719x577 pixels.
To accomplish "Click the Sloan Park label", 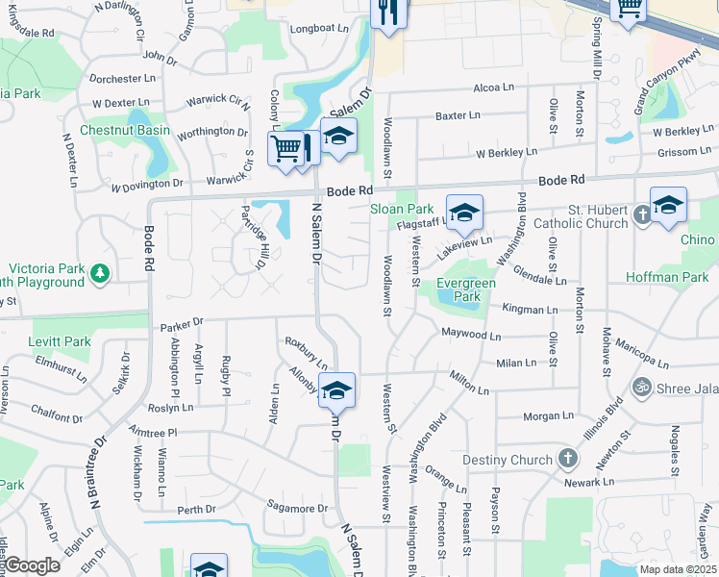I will (x=402, y=209).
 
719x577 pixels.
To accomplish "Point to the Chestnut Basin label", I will (x=124, y=130).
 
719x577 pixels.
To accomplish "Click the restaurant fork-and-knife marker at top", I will (x=388, y=13).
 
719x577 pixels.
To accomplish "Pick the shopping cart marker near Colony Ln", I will (x=285, y=149).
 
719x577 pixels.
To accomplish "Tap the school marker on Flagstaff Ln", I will (x=464, y=213).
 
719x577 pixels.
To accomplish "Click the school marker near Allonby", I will (x=336, y=391).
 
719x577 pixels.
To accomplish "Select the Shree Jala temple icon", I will (x=641, y=388).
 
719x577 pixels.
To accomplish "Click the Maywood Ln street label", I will (x=471, y=336).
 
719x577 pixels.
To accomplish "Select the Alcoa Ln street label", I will (x=494, y=88).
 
